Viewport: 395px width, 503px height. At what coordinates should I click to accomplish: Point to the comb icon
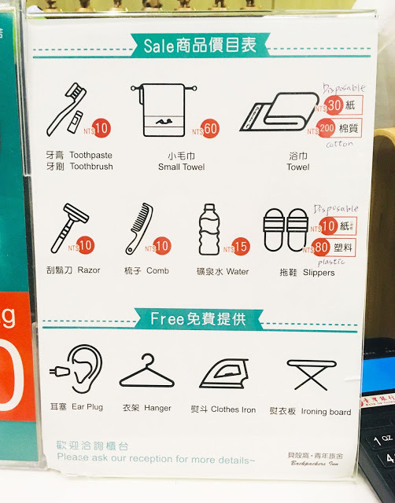coord(138,228)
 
